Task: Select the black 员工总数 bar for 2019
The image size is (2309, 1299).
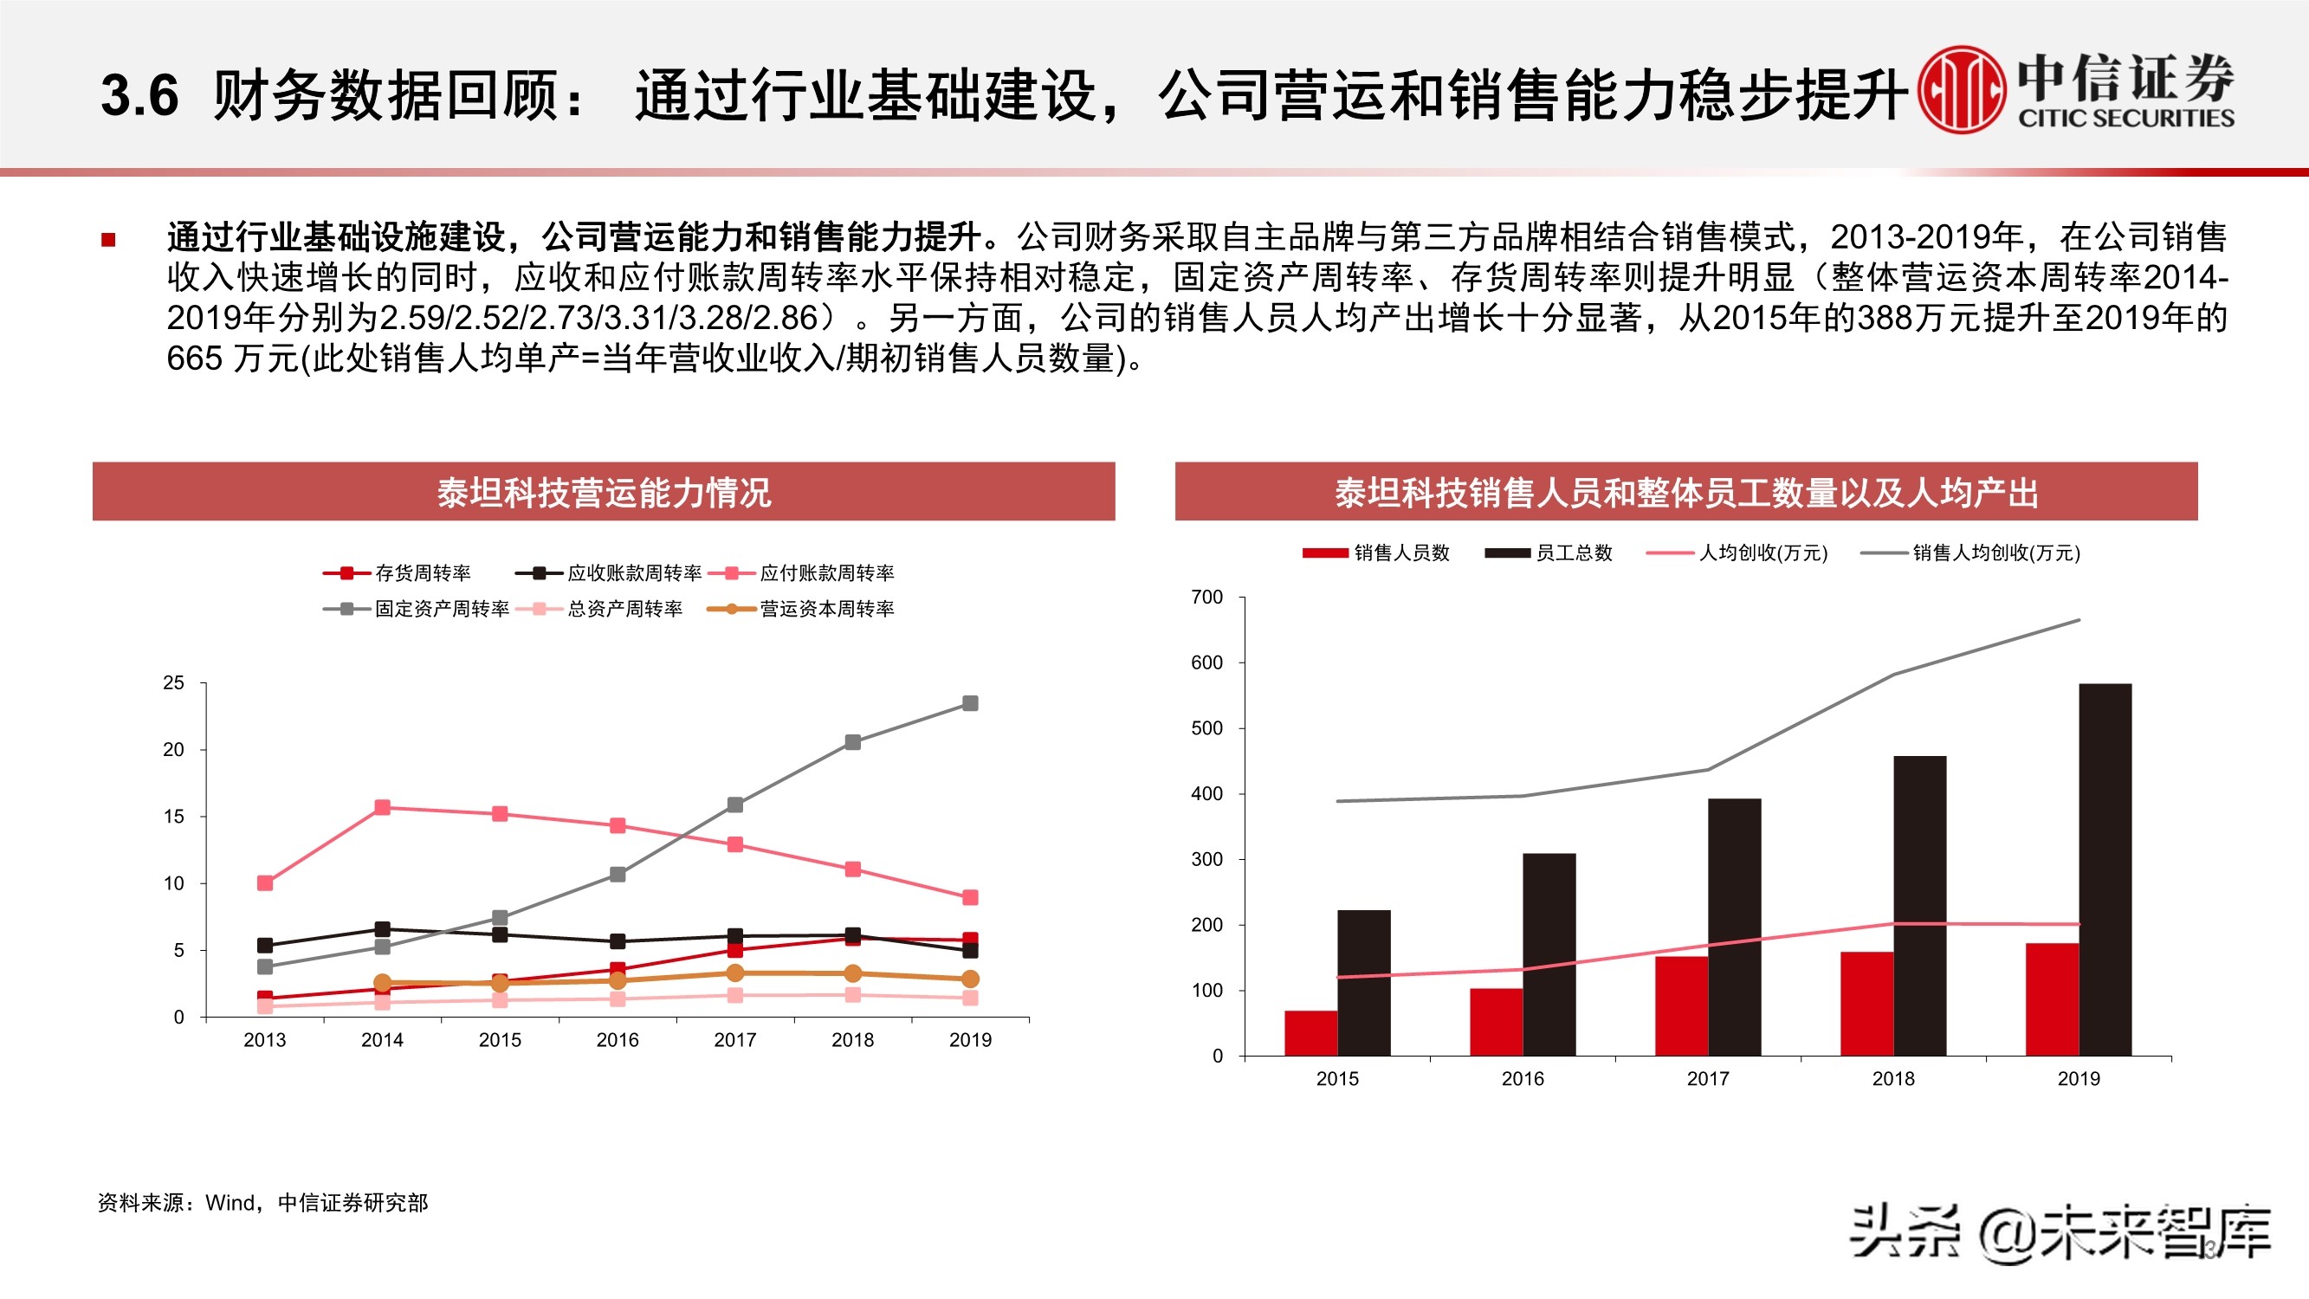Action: [2105, 869]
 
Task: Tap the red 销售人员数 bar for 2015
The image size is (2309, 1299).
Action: [1310, 1033]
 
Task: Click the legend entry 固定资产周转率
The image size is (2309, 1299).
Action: [417, 610]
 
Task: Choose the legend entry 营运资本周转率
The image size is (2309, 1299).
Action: [801, 610]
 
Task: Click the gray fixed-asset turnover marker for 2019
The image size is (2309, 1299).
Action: [970, 704]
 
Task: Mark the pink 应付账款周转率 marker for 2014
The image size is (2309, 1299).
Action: [383, 808]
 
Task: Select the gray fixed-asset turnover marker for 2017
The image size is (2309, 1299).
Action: [735, 805]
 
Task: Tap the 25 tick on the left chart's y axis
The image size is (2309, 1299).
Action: [173, 683]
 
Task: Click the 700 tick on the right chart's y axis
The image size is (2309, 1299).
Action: [1206, 597]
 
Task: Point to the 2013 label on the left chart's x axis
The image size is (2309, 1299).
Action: [264, 1040]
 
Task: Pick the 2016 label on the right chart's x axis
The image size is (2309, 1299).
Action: [1523, 1078]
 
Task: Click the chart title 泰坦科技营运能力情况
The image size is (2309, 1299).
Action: [604, 492]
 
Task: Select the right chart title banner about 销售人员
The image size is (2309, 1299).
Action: [1686, 492]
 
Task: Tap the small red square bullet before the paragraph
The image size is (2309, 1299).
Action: [108, 239]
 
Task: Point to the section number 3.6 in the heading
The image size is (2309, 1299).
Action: [139, 95]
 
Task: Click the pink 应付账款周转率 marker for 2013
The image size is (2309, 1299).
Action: [265, 884]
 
